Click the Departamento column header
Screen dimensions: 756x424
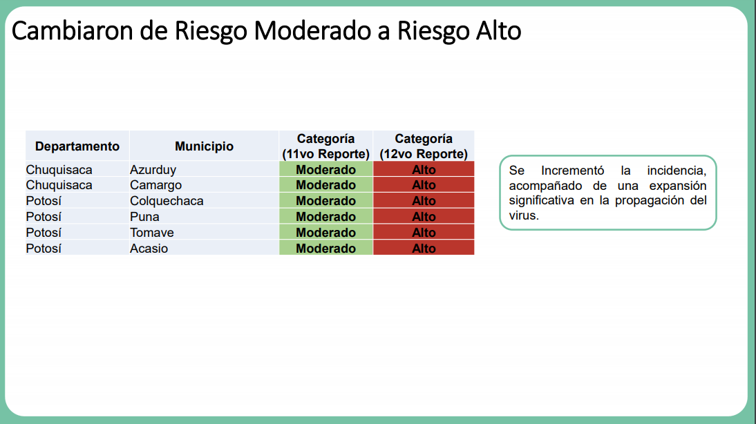coord(77,146)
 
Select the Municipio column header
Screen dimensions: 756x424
coord(204,146)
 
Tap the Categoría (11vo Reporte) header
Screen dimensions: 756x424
coord(326,146)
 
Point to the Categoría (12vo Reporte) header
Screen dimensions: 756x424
coord(424,146)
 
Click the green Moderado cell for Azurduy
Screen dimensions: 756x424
coord(326,169)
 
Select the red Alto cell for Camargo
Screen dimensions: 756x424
coord(424,185)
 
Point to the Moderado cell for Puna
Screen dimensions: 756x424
coord(326,216)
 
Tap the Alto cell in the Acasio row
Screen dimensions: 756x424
coord(424,248)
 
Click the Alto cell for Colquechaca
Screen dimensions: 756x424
coord(424,200)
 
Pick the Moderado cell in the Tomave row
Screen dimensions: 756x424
coord(326,232)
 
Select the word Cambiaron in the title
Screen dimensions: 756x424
coord(73,31)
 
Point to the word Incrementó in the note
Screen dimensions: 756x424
coord(572,171)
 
